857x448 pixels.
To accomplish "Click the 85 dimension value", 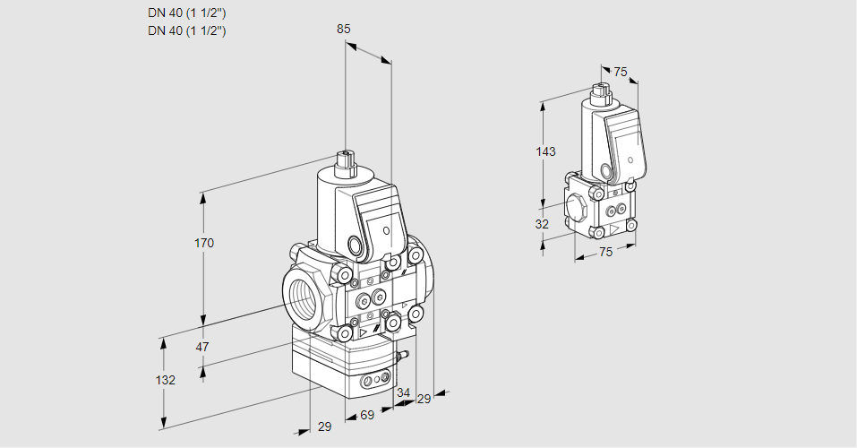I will pyautogui.click(x=343, y=29).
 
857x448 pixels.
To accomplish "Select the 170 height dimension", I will pyautogui.click(x=204, y=243).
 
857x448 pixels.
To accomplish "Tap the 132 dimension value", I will pyautogui.click(x=165, y=380).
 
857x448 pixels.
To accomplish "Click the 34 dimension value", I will pyautogui.click(x=403, y=392).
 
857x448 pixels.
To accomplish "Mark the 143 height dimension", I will pyautogui.click(x=545, y=151).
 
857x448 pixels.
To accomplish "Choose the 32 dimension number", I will pyautogui.click(x=542, y=224).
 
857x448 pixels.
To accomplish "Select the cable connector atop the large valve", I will pyautogui.click(x=345, y=164).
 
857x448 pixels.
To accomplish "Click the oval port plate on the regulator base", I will pyautogui.click(x=375, y=383).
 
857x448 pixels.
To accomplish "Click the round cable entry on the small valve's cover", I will pyautogui.click(x=608, y=170).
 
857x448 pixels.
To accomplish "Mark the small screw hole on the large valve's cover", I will pyautogui.click(x=387, y=230).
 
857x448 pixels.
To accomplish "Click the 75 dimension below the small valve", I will pyautogui.click(x=605, y=252).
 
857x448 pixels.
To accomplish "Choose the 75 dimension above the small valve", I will pyautogui.click(x=621, y=72).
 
